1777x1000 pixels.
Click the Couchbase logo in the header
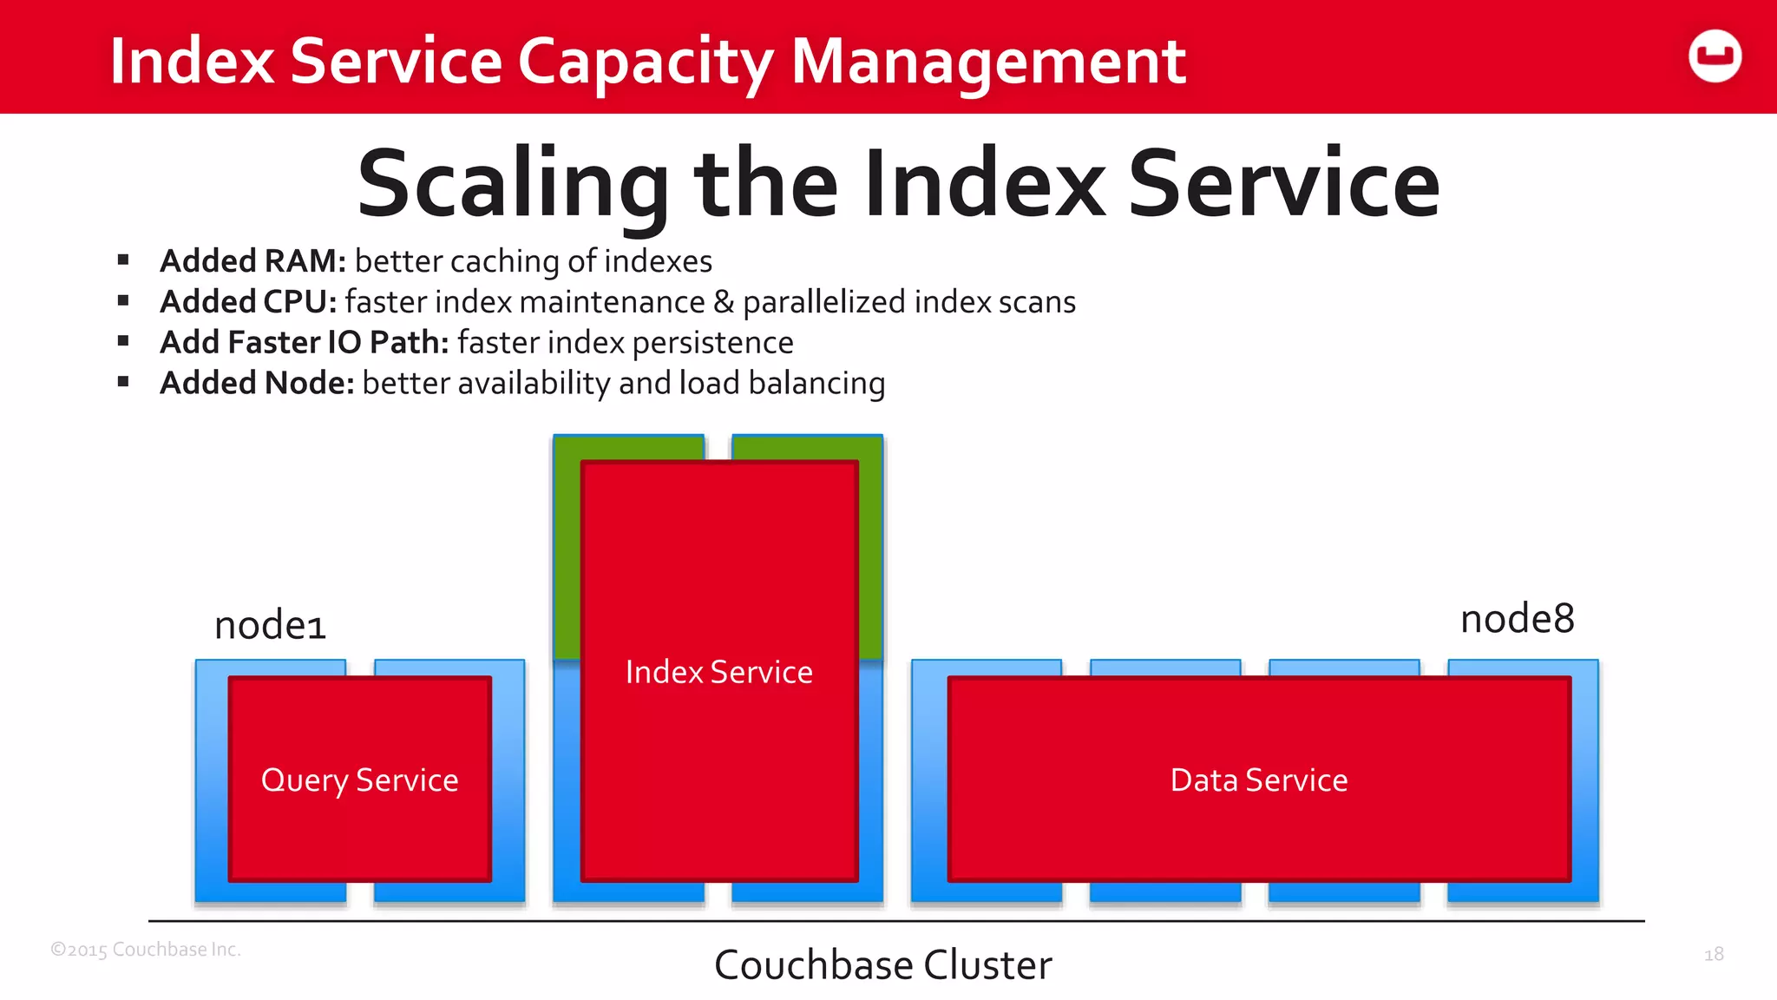click(1715, 56)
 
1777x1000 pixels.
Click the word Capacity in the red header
click(644, 62)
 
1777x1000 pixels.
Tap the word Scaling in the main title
click(512, 184)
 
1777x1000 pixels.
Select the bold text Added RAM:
click(252, 261)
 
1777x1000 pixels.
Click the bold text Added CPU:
click(248, 302)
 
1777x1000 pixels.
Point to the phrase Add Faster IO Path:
click(304, 343)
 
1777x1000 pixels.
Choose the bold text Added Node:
click(257, 384)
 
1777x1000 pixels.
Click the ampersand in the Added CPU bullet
click(723, 302)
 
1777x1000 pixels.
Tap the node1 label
click(270, 626)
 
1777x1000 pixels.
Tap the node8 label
click(1517, 620)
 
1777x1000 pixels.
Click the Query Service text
click(359, 780)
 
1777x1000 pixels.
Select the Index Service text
click(718, 673)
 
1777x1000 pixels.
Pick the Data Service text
click(1258, 780)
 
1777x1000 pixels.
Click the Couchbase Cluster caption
click(882, 965)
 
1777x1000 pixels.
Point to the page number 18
click(1714, 955)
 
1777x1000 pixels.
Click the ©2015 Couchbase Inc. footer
click(146, 950)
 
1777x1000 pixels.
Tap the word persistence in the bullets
click(712, 344)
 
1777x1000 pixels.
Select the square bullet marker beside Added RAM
click(123, 260)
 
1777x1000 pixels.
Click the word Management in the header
click(988, 62)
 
